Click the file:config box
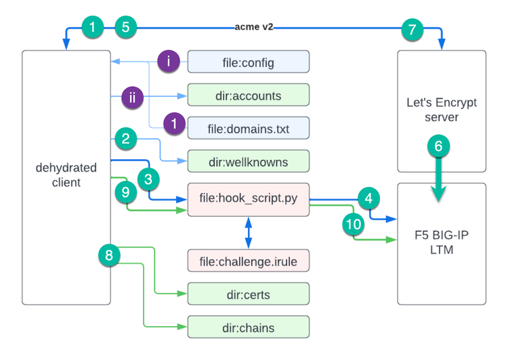[248, 62]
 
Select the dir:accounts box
[248, 96]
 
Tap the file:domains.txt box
[248, 128]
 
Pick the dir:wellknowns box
[248, 161]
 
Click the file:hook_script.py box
[248, 199]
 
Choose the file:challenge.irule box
[248, 260]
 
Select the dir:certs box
[248, 294]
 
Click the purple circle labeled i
[169, 62]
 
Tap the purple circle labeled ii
[133, 97]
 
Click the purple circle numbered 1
[174, 123]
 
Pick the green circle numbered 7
[412, 28]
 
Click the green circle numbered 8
[109, 255]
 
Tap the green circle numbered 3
[149, 180]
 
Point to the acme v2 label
[255, 28]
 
